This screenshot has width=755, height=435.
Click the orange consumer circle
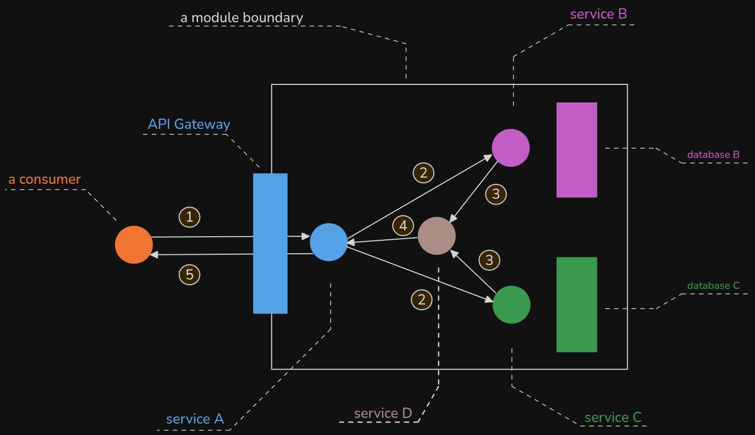coord(134,244)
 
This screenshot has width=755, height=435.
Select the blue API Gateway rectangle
coord(270,243)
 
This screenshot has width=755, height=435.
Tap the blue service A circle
coord(328,242)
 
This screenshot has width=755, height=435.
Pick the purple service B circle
coord(510,148)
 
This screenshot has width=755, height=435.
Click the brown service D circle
coord(437,236)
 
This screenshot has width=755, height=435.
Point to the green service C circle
coord(511,304)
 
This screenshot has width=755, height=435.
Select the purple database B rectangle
coord(577,150)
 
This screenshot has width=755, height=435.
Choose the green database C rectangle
coord(577,304)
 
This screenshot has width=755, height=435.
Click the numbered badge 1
coord(189,217)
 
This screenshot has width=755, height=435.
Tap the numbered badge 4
coord(403,226)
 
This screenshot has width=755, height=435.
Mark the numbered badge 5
coord(189,274)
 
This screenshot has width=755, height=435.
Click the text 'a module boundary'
coord(241,18)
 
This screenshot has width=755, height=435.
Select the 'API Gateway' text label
coord(189,124)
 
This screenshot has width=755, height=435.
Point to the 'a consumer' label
coord(44,179)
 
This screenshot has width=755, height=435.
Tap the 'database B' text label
coord(713,154)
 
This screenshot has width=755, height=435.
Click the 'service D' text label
coord(383,413)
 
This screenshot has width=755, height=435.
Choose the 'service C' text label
coord(613,417)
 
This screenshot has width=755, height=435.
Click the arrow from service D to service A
coord(382,240)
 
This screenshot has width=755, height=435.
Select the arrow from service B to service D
coord(474,192)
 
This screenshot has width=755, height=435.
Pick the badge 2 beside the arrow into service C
coord(421,300)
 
